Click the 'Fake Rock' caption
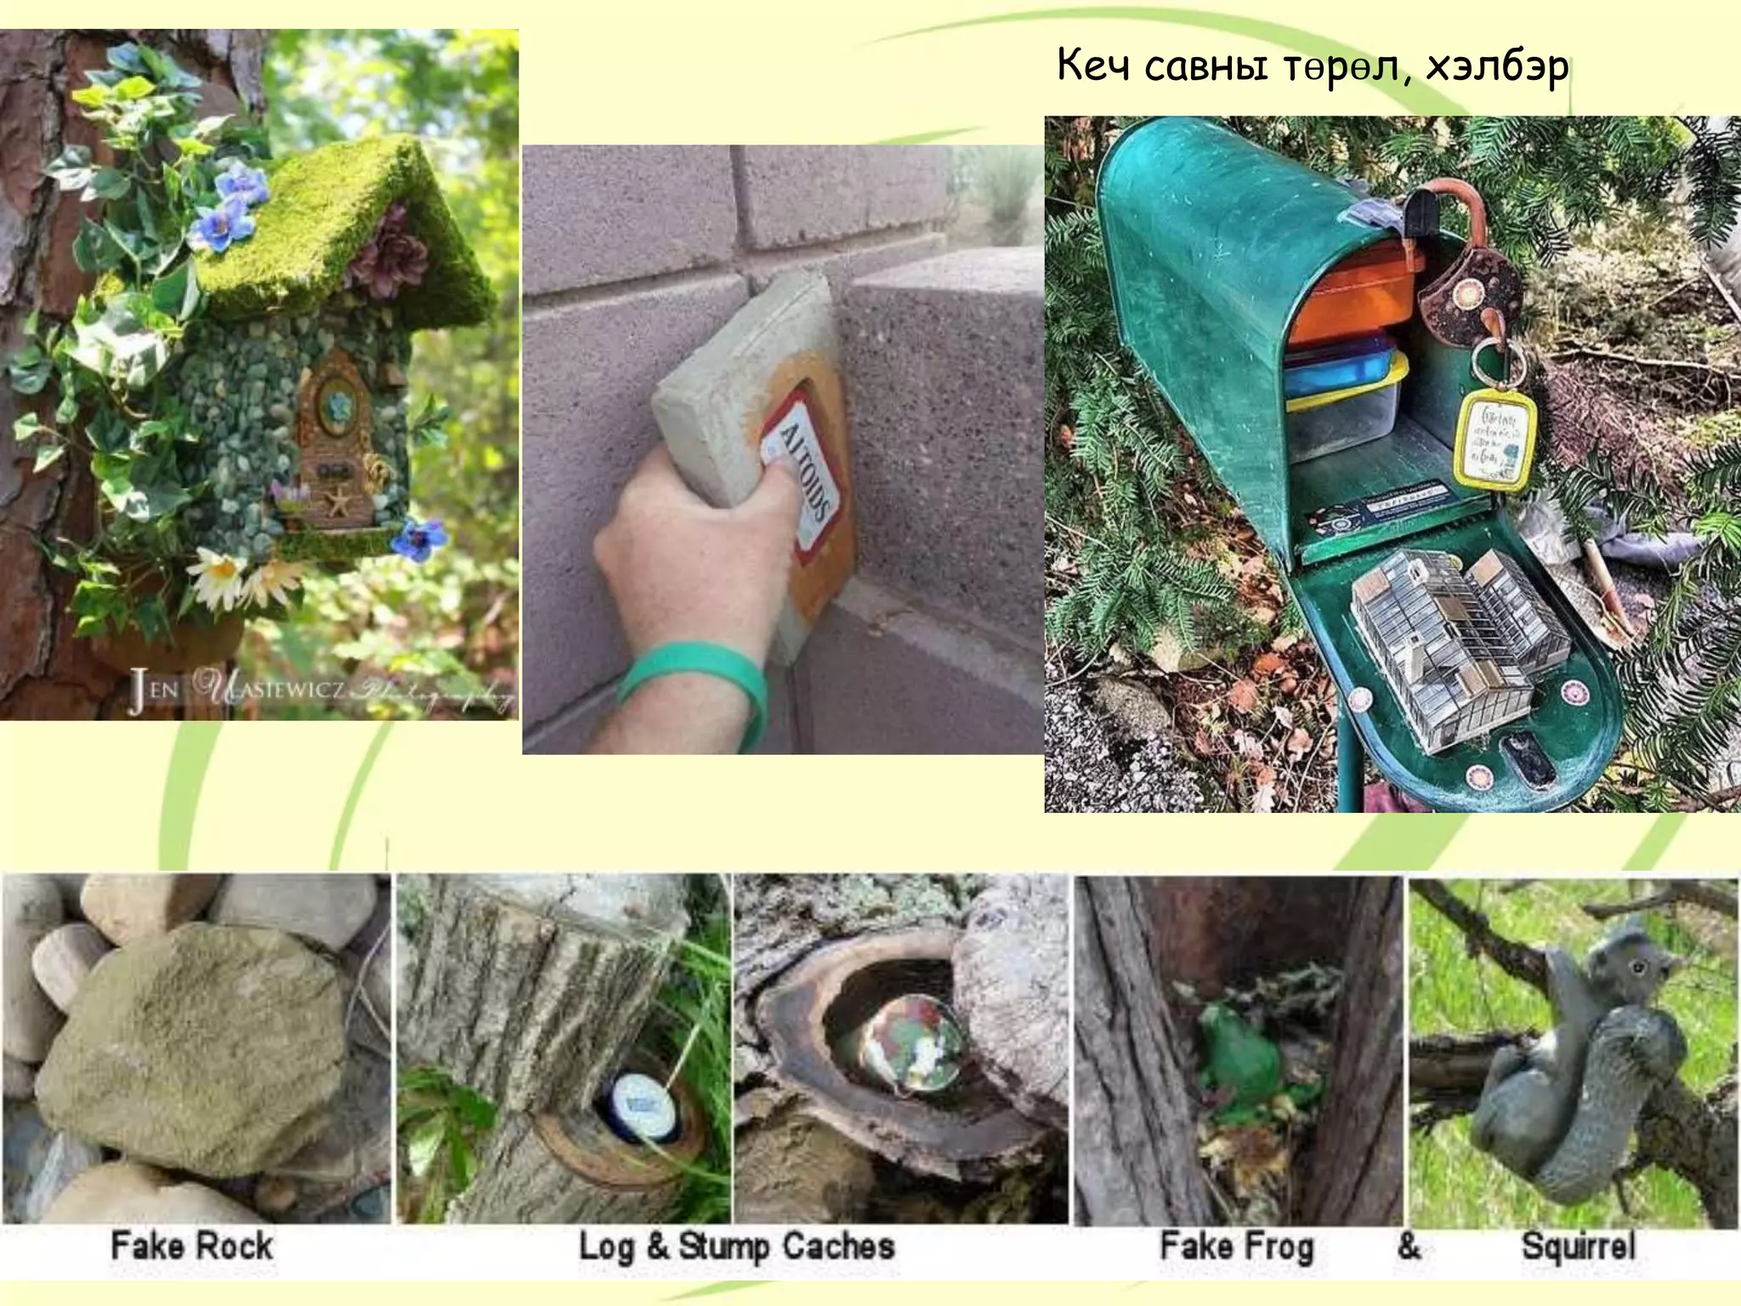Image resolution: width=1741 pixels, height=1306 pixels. [192, 1246]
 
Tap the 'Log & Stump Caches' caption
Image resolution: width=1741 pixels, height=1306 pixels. [736, 1246]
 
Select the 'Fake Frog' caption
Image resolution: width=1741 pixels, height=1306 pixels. [1237, 1246]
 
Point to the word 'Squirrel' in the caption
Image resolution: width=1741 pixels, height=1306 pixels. [1578, 1246]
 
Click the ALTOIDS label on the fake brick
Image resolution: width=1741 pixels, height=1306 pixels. [802, 473]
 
